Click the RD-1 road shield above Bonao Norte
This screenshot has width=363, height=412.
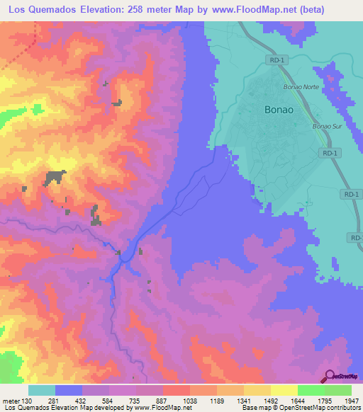[x=278, y=62]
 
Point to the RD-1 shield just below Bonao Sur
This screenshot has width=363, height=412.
[x=328, y=153]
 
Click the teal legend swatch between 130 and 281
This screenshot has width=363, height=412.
[x=42, y=390]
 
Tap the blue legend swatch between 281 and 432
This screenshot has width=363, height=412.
[x=69, y=390]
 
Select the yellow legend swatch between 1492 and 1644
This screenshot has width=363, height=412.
[x=284, y=390]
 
